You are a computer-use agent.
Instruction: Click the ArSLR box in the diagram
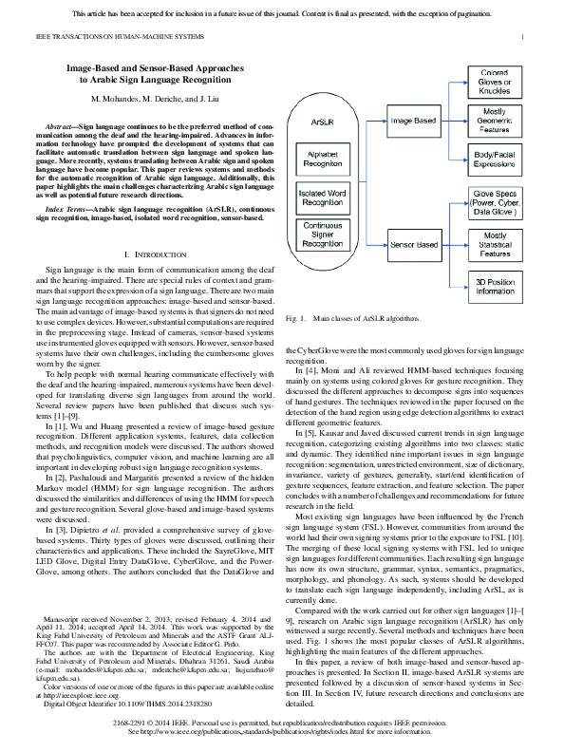pyautogui.click(x=322, y=122)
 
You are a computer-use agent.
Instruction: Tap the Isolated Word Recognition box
pyautogui.click(x=323, y=197)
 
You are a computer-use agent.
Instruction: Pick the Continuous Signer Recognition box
pyautogui.click(x=323, y=235)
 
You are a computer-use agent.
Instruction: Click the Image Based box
pyautogui.click(x=414, y=121)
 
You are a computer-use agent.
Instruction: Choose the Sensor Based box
pyautogui.click(x=414, y=246)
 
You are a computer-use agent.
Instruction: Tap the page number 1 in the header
pyautogui.click(x=523, y=36)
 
